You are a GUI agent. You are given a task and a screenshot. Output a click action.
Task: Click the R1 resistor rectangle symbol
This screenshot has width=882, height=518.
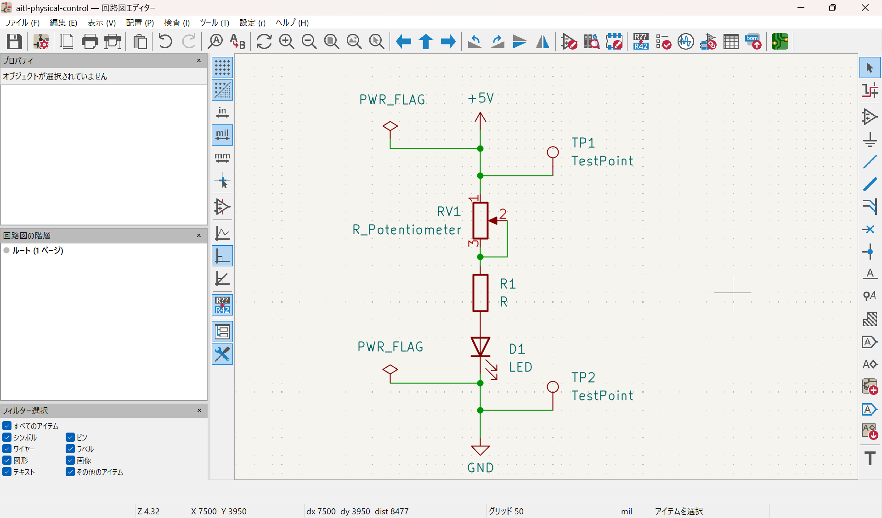pos(480,293)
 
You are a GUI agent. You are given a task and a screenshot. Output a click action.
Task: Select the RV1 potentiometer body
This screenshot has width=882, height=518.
pos(480,220)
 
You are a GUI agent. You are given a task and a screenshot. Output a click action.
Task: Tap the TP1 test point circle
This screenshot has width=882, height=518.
pos(553,152)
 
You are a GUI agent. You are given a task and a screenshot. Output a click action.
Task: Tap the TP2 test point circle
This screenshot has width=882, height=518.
pos(553,387)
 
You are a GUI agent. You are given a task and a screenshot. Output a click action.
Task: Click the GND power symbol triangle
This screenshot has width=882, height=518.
pos(480,450)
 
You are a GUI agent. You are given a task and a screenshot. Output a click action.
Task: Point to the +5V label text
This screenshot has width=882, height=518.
pos(481,98)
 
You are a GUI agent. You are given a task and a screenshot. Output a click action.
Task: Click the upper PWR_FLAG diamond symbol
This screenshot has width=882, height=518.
pos(390,126)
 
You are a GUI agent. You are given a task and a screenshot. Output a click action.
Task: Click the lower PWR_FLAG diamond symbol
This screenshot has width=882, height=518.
pos(390,370)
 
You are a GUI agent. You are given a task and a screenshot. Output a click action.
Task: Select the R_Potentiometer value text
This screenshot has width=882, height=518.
pos(407,230)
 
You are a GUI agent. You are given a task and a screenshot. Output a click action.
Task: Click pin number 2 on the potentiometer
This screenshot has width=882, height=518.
pos(503,214)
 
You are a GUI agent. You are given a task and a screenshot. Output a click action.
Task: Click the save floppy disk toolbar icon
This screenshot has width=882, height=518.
pos(14,42)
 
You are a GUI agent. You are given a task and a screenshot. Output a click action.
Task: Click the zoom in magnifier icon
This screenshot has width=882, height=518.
pos(287,42)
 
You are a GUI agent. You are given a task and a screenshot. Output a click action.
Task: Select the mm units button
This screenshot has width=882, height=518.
pos(222,158)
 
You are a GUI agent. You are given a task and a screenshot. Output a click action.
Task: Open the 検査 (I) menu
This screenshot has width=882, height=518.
pos(176,23)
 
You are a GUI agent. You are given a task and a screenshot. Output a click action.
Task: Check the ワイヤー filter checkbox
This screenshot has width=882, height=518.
pos(7,449)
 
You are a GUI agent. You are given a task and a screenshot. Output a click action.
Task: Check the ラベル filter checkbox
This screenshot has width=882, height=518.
pos(70,449)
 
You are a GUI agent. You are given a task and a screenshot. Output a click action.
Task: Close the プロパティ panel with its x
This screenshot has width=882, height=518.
pos(199,61)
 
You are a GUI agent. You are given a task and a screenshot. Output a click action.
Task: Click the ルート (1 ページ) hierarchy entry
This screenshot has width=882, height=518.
pos(37,250)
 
